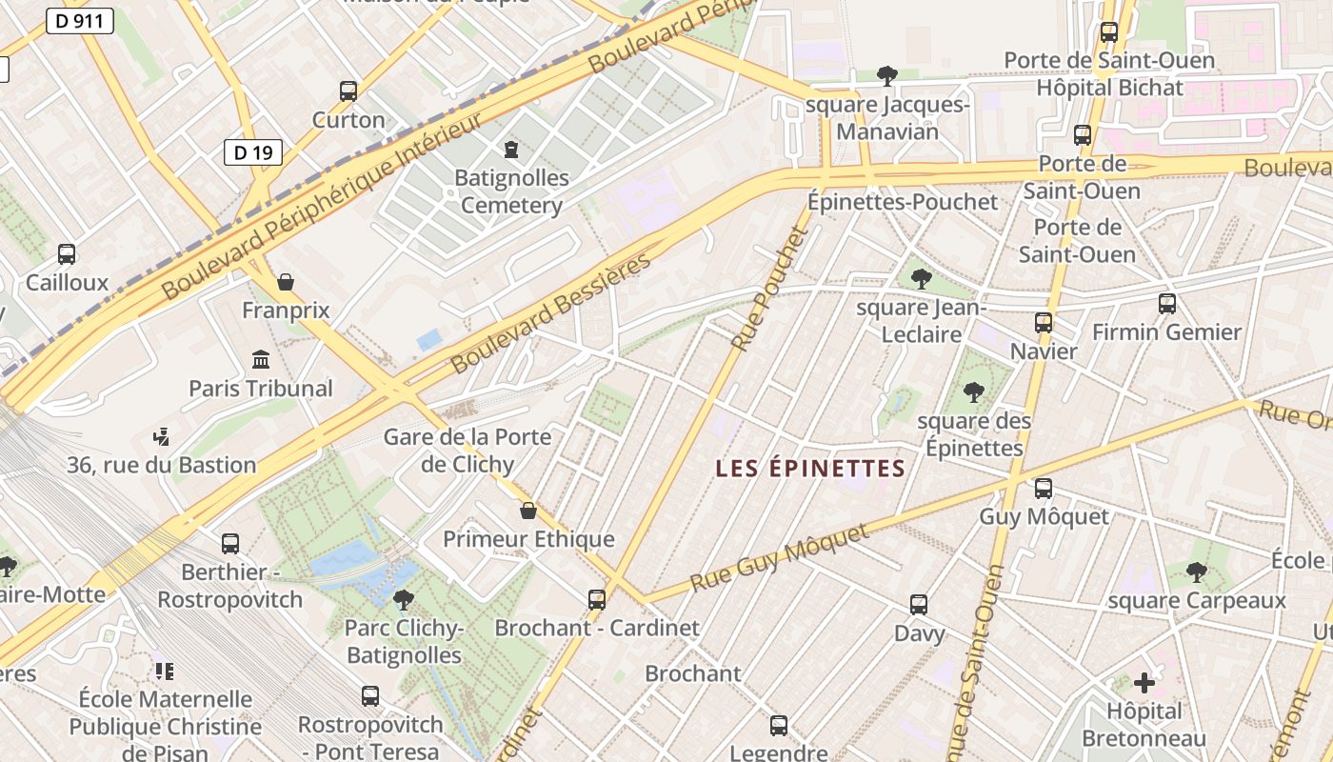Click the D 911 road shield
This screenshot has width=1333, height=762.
pyautogui.click(x=80, y=20)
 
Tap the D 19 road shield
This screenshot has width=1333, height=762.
pyautogui.click(x=253, y=151)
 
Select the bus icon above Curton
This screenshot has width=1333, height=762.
pyautogui.click(x=348, y=91)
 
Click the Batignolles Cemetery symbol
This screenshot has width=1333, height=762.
pyautogui.click(x=511, y=150)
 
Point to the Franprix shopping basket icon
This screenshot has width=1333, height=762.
pyautogui.click(x=285, y=282)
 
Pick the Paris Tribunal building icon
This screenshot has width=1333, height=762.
pyautogui.click(x=261, y=359)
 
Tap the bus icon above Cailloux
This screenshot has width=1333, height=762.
pyautogui.click(x=67, y=254)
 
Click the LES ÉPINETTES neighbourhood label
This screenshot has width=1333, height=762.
pyautogui.click(x=810, y=469)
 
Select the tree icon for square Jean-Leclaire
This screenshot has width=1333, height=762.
pyautogui.click(x=921, y=278)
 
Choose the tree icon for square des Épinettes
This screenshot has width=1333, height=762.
pyautogui.click(x=973, y=391)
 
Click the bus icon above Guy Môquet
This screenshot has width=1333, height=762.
pyautogui.click(x=1044, y=489)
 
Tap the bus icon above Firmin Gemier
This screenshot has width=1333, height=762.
pyautogui.click(x=1167, y=304)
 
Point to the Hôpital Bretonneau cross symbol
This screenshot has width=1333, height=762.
pyautogui.click(x=1144, y=682)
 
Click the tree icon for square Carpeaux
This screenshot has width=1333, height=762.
pyautogui.click(x=1197, y=571)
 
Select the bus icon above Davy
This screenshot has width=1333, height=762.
pyautogui.click(x=919, y=605)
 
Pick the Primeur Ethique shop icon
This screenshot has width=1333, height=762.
pyautogui.click(x=528, y=511)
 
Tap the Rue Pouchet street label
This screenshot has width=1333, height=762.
pyautogui.click(x=771, y=287)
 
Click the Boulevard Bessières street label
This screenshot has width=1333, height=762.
pyautogui.click(x=552, y=312)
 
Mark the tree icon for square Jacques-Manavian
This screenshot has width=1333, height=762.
pyautogui.click(x=887, y=75)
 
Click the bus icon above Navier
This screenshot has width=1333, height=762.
pyautogui.click(x=1044, y=323)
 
